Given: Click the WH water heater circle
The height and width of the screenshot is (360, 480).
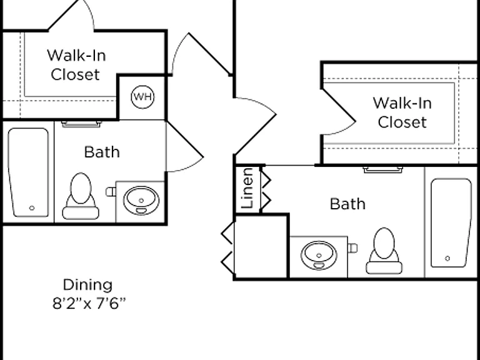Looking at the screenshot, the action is (x=142, y=97).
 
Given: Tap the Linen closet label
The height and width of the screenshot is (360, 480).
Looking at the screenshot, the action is (x=247, y=188).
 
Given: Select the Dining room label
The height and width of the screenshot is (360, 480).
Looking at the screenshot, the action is (x=88, y=285).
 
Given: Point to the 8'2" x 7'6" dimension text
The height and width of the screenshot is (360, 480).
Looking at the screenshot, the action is (x=89, y=304).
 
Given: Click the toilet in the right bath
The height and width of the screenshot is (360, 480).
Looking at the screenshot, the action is (x=384, y=251).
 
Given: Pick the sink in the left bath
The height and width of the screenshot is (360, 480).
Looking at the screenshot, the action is (x=141, y=201).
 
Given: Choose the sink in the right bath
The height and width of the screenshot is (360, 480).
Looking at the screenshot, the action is (x=319, y=255).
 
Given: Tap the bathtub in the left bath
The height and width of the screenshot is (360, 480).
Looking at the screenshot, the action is (x=29, y=172).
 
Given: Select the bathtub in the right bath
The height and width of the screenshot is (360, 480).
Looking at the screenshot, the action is (x=451, y=222).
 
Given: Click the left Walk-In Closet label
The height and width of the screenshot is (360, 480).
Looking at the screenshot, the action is (x=76, y=65).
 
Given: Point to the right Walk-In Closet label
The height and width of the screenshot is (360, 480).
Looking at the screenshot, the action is (x=402, y=112).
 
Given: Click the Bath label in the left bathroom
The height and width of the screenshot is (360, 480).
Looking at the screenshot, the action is (x=102, y=152).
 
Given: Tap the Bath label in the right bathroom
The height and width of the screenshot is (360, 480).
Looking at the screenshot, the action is (x=347, y=204).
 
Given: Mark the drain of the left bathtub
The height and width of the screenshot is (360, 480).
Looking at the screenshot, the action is (x=32, y=208).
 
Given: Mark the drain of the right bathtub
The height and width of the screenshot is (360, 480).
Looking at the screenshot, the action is (x=447, y=259).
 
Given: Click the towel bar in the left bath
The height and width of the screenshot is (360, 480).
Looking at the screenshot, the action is (x=81, y=124).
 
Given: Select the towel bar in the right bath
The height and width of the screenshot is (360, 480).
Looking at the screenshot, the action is (x=383, y=169).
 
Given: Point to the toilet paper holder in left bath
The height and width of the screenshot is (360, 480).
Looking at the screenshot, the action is (x=111, y=192).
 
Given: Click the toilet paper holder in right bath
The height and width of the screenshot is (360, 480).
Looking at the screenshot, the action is (x=352, y=248).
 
